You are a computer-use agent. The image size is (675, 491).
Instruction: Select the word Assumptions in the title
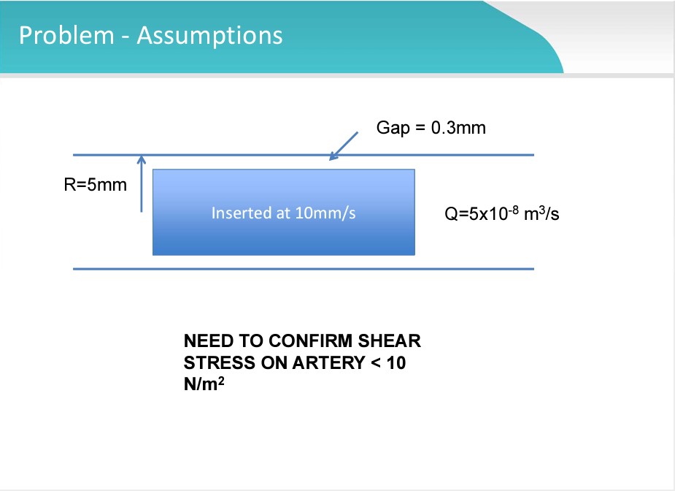[x=209, y=35]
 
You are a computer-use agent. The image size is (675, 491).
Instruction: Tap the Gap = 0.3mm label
[x=431, y=128]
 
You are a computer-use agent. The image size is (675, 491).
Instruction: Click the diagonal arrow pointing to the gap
[x=344, y=145]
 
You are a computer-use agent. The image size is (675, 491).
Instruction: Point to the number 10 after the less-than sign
[x=396, y=362]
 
